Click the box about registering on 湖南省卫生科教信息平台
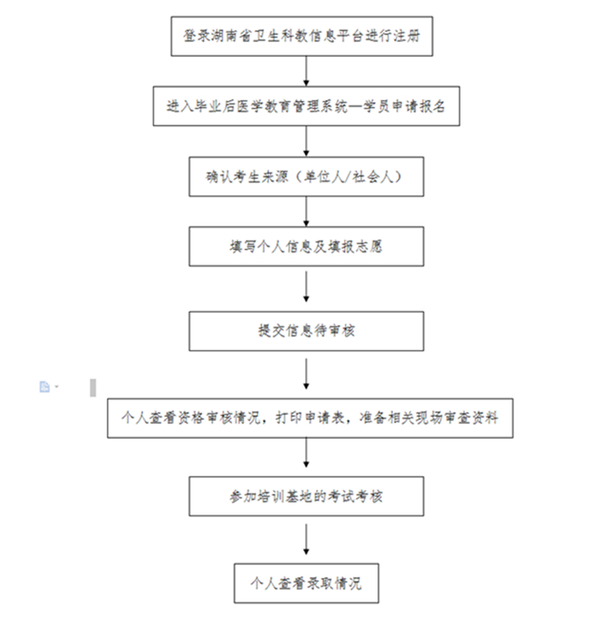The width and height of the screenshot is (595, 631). tap(302, 37)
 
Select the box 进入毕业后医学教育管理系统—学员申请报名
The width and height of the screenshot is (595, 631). tap(306, 106)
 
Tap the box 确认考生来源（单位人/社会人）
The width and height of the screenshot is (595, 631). tap(306, 177)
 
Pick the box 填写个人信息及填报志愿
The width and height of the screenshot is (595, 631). tap(306, 247)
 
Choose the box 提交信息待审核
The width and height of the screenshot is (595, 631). tap(306, 331)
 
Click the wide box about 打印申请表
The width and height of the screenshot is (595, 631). tap(310, 418)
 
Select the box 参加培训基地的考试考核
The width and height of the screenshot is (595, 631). tap(306, 496)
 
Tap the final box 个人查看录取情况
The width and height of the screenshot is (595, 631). tap(306, 583)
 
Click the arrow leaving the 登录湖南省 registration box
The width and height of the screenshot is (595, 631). tap(306, 71)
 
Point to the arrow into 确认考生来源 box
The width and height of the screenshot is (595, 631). tap(306, 141)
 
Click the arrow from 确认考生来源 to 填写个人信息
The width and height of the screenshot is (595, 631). tap(306, 211)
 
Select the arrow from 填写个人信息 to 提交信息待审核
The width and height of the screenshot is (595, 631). tap(306, 287)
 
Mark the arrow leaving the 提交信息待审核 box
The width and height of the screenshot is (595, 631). tap(306, 374)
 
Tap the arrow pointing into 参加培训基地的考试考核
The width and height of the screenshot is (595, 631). tap(306, 452)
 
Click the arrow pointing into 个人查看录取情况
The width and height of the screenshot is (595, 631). tap(306, 539)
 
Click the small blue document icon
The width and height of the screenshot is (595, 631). tap(44, 387)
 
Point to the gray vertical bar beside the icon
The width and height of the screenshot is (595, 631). tap(93, 388)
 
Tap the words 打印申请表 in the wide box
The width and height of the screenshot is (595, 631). tap(309, 418)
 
